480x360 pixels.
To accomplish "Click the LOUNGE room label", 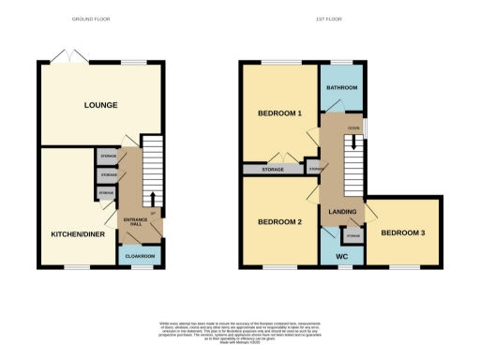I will [99, 105].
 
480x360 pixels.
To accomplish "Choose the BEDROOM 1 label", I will [279, 113].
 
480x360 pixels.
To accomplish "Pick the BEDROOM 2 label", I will [279, 221].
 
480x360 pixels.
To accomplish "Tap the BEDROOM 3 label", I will [404, 231].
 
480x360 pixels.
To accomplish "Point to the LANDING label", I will [342, 212].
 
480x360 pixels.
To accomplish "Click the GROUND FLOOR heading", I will [90, 19].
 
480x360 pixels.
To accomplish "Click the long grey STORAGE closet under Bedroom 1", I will [272, 170].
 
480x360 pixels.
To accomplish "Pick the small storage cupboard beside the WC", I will [353, 234].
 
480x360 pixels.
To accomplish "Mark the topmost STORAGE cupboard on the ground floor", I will [108, 155].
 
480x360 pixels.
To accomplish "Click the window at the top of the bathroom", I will [342, 63].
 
